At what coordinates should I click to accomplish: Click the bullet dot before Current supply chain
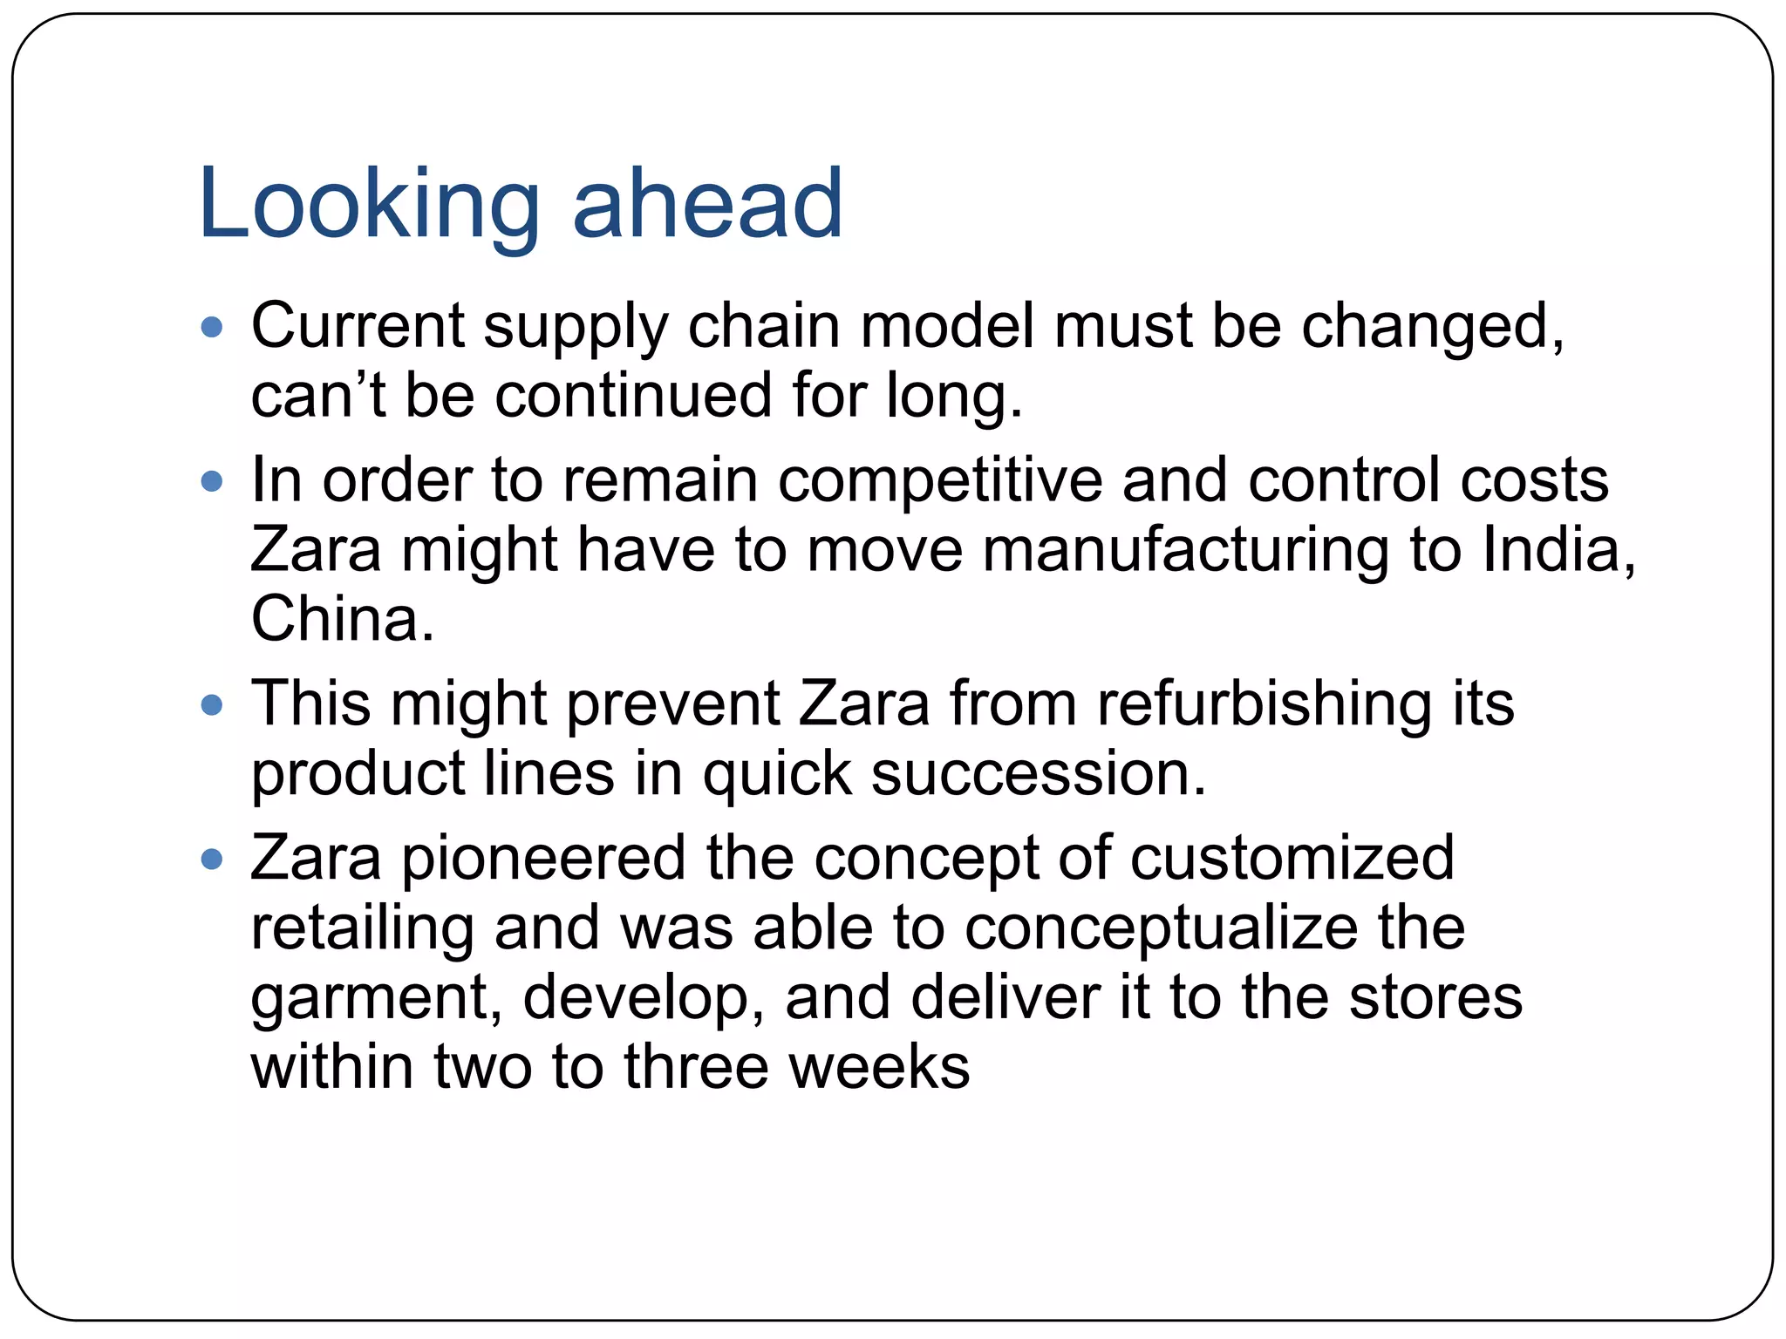click(212, 328)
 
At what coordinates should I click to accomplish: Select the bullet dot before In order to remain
click(212, 481)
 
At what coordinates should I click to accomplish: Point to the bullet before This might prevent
click(212, 703)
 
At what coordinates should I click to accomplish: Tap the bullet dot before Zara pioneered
click(212, 860)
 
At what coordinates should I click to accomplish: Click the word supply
click(576, 328)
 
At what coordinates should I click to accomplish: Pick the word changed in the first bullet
click(1431, 326)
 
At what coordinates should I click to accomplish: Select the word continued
click(634, 395)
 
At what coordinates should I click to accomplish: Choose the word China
click(341, 618)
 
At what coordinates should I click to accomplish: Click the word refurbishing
click(1264, 704)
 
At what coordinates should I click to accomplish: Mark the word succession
click(1038, 773)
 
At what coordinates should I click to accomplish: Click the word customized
click(1292, 858)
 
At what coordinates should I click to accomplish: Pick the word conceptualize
click(1161, 928)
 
